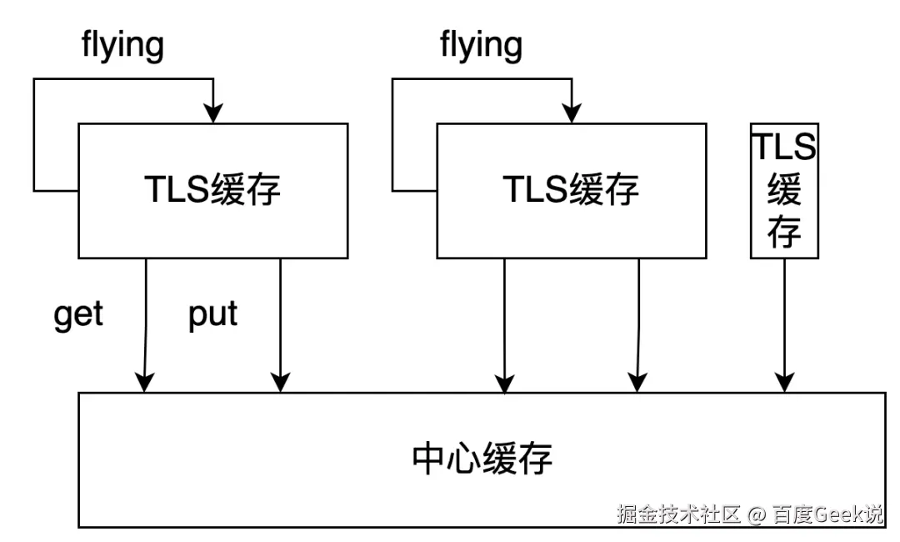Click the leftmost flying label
tap(122, 45)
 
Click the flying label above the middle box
tap(481, 45)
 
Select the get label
tap(78, 316)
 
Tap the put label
tap(212, 316)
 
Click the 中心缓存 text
tap(482, 459)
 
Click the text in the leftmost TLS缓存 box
tap(213, 191)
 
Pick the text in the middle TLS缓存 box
tap(572, 191)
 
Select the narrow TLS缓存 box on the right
tap(784, 190)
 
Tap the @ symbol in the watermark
tap(756, 514)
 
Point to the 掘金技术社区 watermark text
tap(678, 514)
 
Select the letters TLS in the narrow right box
tap(784, 147)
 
